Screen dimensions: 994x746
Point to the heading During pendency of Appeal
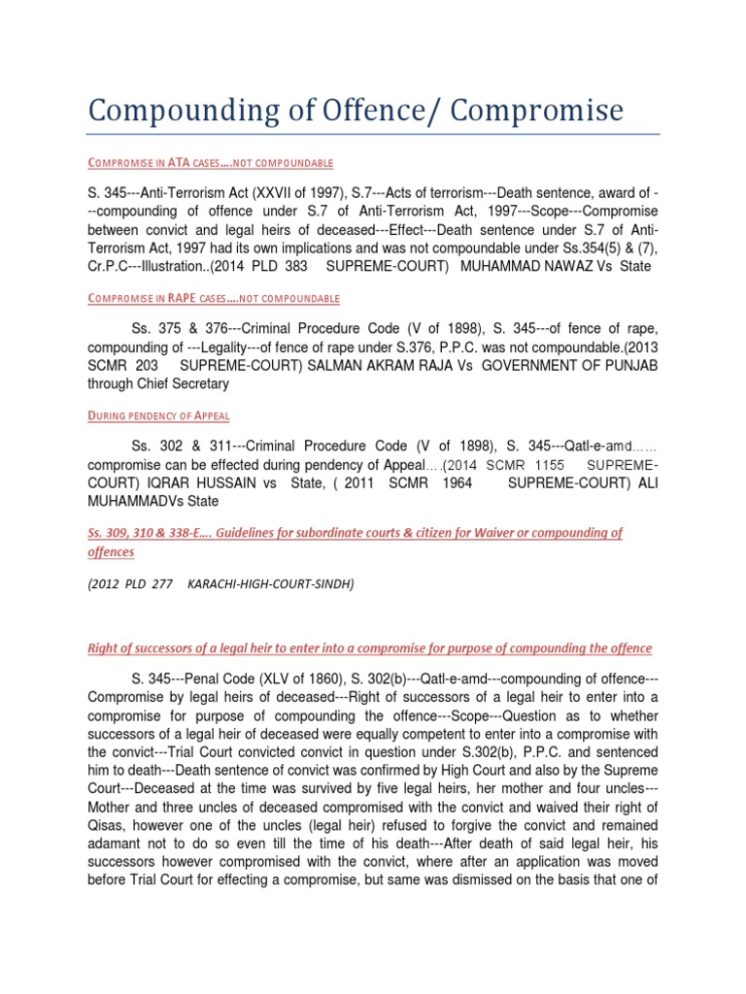tap(158, 415)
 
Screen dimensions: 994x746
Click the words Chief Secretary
tap(185, 383)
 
